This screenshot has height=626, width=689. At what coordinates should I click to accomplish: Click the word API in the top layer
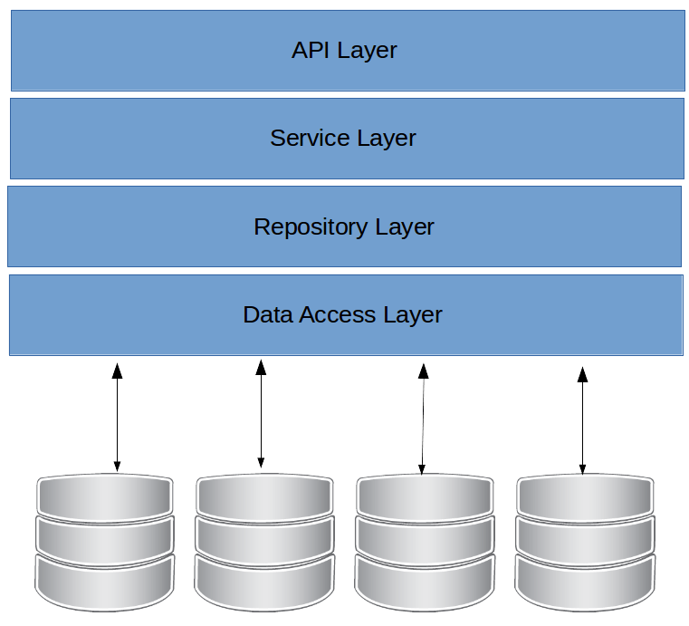pyautogui.click(x=311, y=50)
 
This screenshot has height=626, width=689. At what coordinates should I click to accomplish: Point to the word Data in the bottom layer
pyautogui.click(x=264, y=314)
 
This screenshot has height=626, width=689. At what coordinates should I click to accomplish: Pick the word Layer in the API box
pyautogui.click(x=368, y=50)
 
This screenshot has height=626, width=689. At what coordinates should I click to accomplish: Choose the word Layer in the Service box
pyautogui.click(x=387, y=138)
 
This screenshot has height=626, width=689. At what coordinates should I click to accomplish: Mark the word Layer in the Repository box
pyautogui.click(x=405, y=226)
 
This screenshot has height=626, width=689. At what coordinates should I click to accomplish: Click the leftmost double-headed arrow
pyautogui.click(x=117, y=417)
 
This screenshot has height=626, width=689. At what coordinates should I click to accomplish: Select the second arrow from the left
pyautogui.click(x=261, y=414)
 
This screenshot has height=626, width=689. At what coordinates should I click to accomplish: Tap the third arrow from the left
pyautogui.click(x=422, y=418)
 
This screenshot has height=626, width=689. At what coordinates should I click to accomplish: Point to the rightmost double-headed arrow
pyautogui.click(x=582, y=419)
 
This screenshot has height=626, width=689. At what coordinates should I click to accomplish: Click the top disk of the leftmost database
pyautogui.click(x=105, y=495)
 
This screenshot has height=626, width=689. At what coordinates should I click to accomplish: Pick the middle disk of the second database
pyautogui.click(x=263, y=535)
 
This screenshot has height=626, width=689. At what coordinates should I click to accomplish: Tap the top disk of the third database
pyautogui.click(x=425, y=495)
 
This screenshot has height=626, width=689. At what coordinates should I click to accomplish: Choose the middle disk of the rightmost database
pyautogui.click(x=585, y=535)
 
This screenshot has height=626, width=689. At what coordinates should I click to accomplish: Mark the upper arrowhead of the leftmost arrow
pyautogui.click(x=117, y=370)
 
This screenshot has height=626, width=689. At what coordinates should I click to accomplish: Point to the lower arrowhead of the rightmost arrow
pyautogui.click(x=582, y=467)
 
